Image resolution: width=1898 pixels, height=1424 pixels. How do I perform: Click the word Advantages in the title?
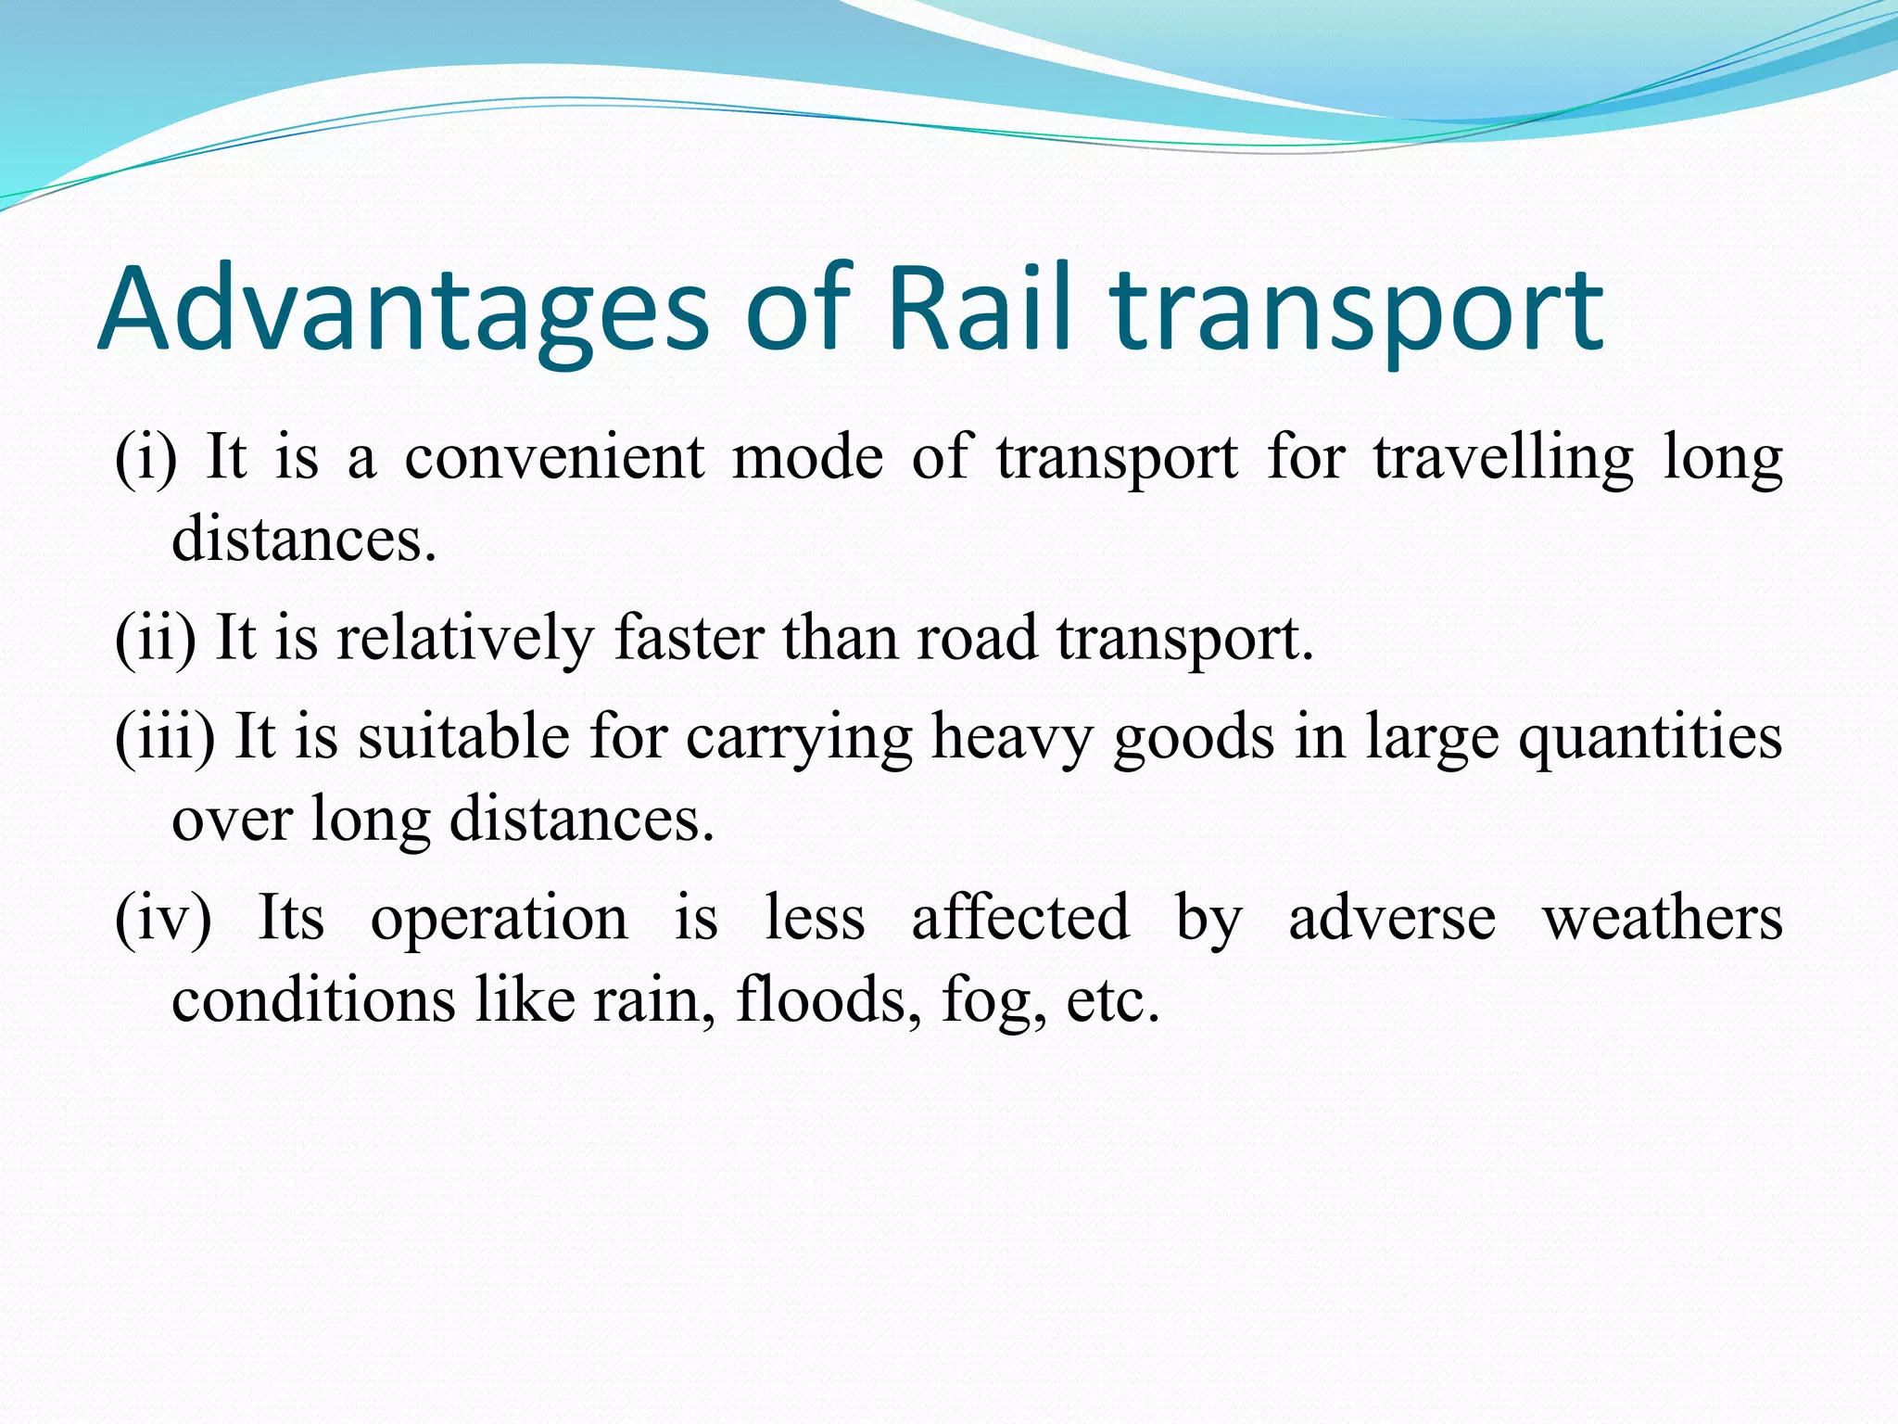402,311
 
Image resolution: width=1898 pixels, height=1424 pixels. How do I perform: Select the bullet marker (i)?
146,458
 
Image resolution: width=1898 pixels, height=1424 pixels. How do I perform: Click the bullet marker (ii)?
155,639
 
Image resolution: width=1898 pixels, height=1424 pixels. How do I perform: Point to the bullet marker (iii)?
165,737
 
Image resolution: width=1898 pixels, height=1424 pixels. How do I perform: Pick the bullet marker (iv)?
163,919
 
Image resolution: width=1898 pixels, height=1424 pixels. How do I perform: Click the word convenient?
553,458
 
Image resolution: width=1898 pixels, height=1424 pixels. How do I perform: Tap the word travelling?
1503,460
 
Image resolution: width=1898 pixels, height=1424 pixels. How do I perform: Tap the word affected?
1020,919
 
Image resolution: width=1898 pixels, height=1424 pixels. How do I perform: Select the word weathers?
1662,919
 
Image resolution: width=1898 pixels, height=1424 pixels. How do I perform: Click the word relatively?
464,639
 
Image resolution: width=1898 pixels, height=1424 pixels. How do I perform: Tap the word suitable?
463,737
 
